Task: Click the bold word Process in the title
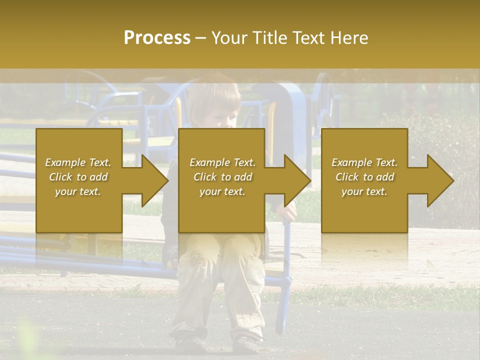[x=157, y=38]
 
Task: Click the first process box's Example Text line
[x=78, y=162]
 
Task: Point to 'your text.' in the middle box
[x=222, y=191]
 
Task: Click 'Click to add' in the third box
[x=364, y=177]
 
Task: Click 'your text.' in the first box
[x=78, y=191]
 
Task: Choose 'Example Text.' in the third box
[x=364, y=162]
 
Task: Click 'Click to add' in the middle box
[x=222, y=177]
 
